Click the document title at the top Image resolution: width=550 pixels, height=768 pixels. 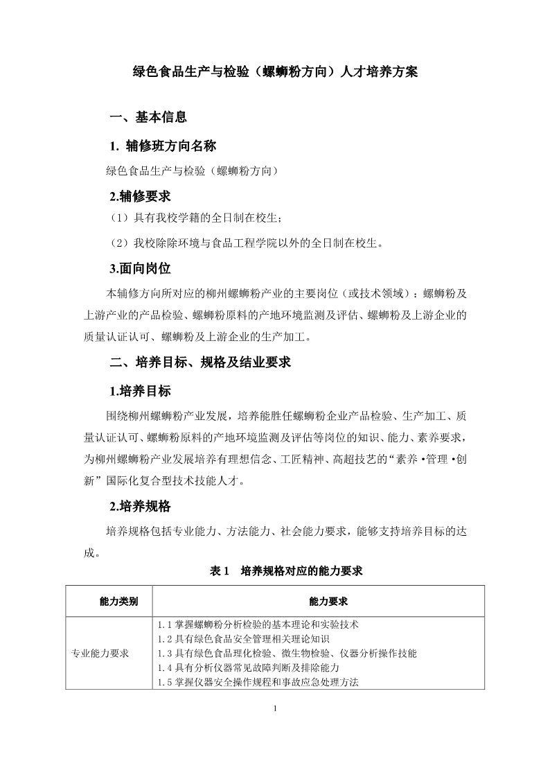pyautogui.click(x=275, y=72)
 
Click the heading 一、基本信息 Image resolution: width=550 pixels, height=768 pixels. pyautogui.click(x=148, y=116)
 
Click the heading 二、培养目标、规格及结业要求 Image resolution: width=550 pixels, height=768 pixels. pyautogui.click(x=200, y=363)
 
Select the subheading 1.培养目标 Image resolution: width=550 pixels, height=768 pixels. pyautogui.click(x=140, y=391)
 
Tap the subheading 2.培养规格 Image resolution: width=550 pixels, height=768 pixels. pyautogui.click(x=140, y=506)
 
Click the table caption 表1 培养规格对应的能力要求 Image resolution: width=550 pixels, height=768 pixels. pyautogui.click(x=286, y=571)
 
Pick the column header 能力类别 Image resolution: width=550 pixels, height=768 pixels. pyautogui.click(x=109, y=601)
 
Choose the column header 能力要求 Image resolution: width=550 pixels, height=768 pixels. pyautogui.click(x=319, y=601)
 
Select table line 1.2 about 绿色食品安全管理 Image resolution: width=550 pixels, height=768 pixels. pyautogui.click(x=243, y=638)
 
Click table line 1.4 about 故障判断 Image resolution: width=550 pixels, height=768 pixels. pyautogui.click(x=248, y=667)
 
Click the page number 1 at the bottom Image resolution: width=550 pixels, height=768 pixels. pyautogui.click(x=275, y=708)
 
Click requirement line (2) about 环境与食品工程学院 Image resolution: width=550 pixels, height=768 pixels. pyautogui.click(x=247, y=243)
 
